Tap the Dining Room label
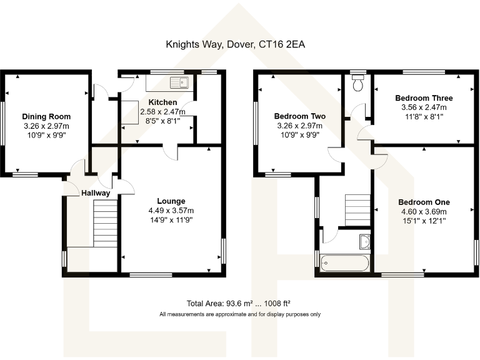(x=46, y=116)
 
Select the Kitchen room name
(x=162, y=102)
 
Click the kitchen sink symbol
(x=179, y=82)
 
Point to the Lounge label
(x=171, y=201)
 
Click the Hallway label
(x=96, y=193)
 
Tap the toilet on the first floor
(x=358, y=83)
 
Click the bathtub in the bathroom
(x=345, y=262)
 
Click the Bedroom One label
(x=424, y=202)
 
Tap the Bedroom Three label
(x=424, y=98)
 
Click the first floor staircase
(x=358, y=209)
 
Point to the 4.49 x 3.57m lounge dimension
(x=171, y=211)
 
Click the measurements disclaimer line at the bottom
(x=240, y=314)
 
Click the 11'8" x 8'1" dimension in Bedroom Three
(x=424, y=116)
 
